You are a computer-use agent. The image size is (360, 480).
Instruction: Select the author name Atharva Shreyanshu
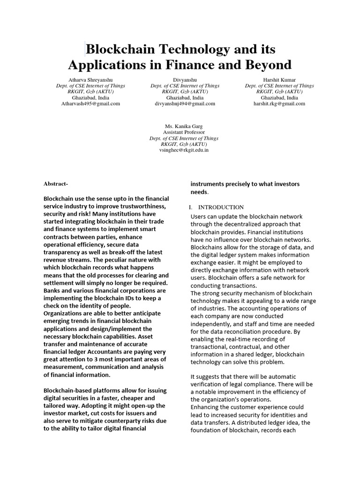click(x=90, y=80)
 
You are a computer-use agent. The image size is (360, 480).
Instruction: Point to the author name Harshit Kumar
click(x=279, y=80)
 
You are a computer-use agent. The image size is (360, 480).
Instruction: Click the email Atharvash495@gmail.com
click(x=90, y=104)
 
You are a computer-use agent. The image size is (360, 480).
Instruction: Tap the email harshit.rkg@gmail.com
click(x=279, y=104)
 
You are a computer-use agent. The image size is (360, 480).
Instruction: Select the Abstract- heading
click(x=56, y=184)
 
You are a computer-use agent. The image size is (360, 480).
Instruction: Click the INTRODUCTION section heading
click(x=221, y=207)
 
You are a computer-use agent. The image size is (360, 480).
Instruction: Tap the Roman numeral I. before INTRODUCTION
click(x=191, y=207)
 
